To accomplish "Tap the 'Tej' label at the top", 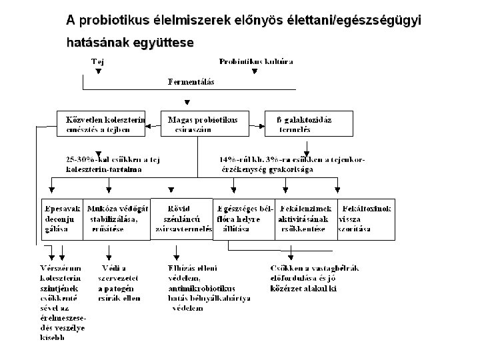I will click(x=97, y=62).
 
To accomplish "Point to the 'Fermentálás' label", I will click(x=192, y=82).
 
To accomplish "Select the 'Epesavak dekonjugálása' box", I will click(x=61, y=218).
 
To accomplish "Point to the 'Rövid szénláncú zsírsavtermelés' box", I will click(x=181, y=218).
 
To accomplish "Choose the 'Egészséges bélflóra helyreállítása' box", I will click(x=243, y=218).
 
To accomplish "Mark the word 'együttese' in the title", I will click(x=163, y=43).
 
